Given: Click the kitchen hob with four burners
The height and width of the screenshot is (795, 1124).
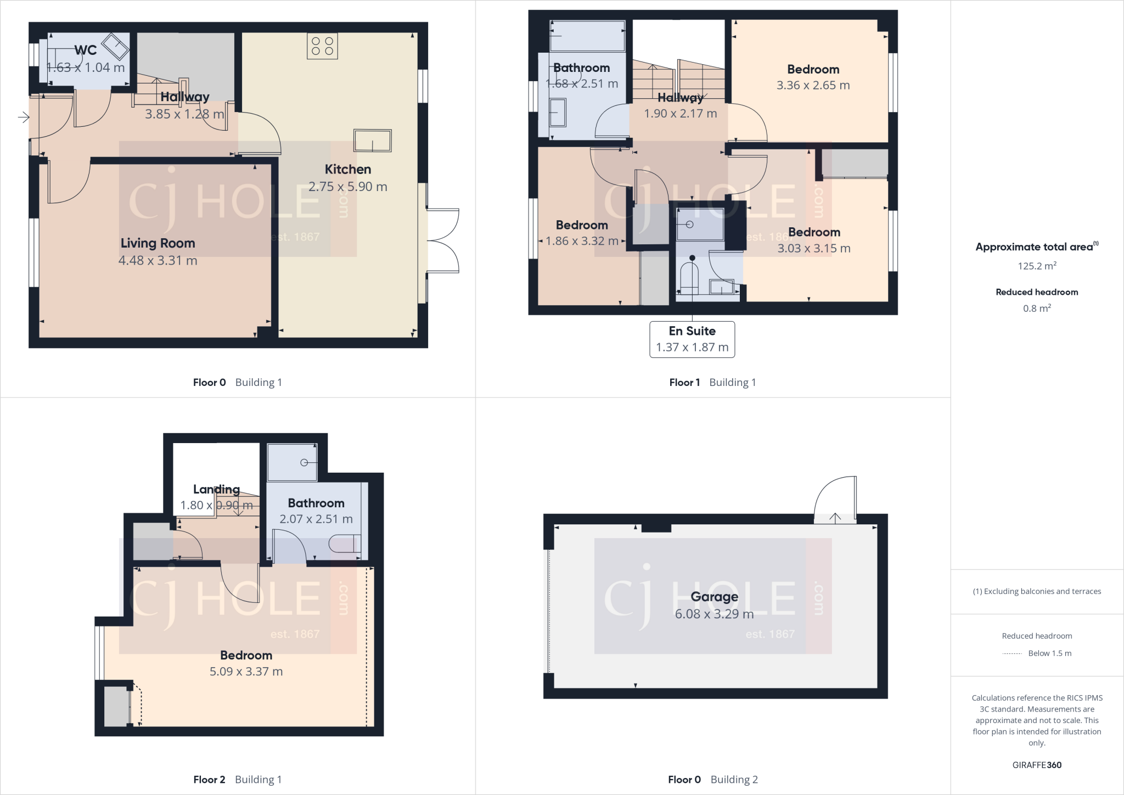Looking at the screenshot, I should (x=322, y=46).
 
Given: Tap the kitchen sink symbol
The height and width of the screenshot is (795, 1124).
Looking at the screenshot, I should (x=373, y=141).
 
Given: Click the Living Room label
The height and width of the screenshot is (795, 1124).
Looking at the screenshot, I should (x=158, y=243).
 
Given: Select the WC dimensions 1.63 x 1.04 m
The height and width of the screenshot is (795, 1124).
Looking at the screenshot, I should (x=86, y=68).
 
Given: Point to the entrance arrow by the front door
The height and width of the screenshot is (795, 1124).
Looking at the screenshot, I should (x=23, y=117).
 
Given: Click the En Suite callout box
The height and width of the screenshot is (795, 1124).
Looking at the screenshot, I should (x=692, y=339).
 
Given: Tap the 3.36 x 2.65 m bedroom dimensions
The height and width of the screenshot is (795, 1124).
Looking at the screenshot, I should (x=813, y=85).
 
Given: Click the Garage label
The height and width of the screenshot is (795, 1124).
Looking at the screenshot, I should (x=714, y=597).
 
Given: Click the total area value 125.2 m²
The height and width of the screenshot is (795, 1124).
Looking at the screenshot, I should (x=1037, y=266).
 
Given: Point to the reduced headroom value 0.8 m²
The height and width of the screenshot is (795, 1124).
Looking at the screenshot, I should (x=1037, y=309).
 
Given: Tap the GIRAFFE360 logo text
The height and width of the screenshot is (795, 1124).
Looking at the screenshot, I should (x=1037, y=765).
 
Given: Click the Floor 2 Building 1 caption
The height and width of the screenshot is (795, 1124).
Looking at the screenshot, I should (x=237, y=780).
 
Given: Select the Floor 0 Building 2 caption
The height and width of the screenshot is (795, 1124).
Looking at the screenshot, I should (x=712, y=780).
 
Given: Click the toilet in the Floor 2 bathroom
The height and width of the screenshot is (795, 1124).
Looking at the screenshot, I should (x=343, y=544).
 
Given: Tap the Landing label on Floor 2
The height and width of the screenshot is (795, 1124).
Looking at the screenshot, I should (x=216, y=489).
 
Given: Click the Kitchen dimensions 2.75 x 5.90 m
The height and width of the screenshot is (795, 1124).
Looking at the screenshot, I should (x=347, y=187).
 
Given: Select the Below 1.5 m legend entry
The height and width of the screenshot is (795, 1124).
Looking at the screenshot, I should (x=1037, y=653).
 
